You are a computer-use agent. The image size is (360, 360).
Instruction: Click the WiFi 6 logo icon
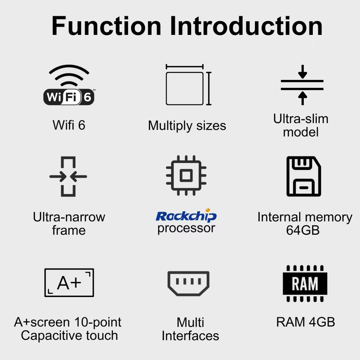click(x=69, y=85)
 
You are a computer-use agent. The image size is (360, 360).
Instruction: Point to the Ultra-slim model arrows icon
click(x=302, y=85)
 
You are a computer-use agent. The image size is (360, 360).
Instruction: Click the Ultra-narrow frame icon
click(x=68, y=176)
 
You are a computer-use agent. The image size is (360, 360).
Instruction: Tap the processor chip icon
click(x=186, y=175)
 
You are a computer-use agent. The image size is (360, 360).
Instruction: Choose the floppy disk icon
click(x=304, y=176)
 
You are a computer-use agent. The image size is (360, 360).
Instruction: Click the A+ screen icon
click(x=69, y=282)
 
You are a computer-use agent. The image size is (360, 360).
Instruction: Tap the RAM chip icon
click(x=305, y=283)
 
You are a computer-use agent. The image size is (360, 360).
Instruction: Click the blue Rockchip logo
click(x=186, y=216)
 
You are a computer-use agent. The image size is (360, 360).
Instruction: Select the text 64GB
click(x=303, y=230)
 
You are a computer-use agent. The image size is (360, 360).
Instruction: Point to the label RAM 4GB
click(x=305, y=322)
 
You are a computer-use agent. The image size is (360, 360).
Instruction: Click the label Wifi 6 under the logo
click(x=69, y=125)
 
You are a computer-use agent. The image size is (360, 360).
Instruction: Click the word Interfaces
click(x=190, y=336)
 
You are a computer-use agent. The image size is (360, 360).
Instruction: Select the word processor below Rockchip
click(x=186, y=228)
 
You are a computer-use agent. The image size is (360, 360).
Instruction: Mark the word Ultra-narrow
click(x=69, y=217)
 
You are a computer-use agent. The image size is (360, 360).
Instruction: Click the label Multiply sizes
click(x=187, y=126)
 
